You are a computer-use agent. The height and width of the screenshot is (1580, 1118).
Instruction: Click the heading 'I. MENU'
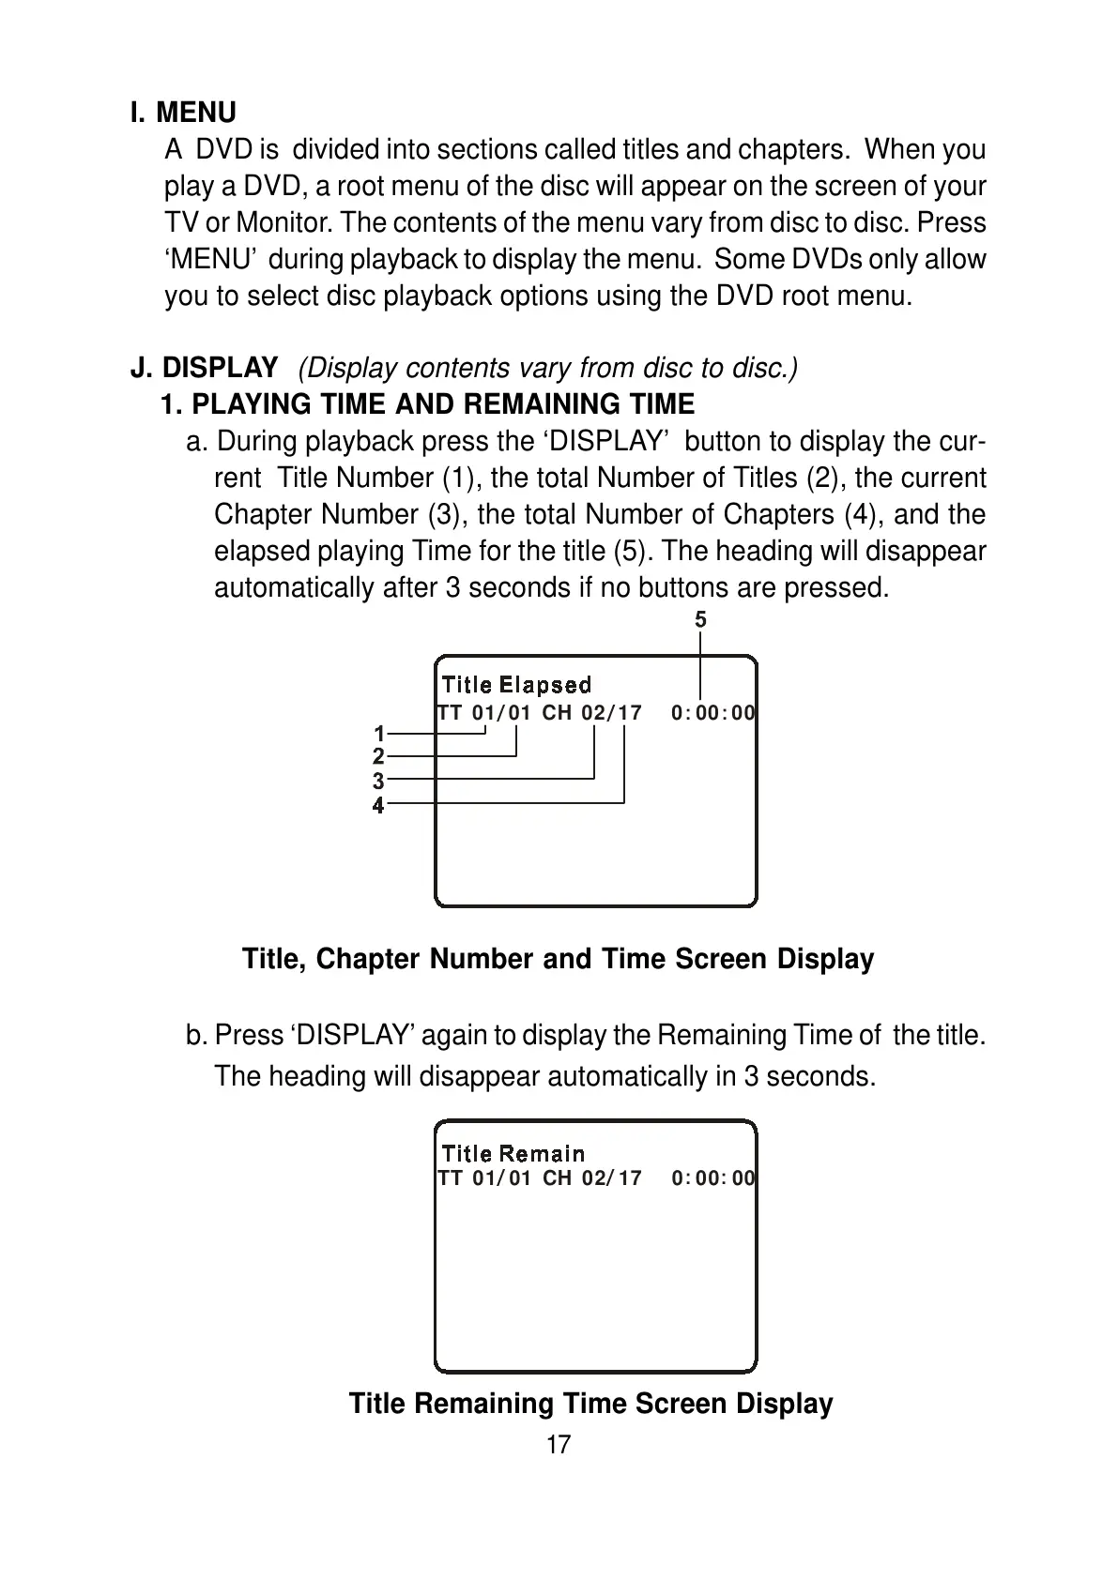pyautogui.click(x=183, y=113)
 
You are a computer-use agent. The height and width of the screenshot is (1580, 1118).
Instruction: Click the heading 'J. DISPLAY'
pyautogui.click(x=204, y=368)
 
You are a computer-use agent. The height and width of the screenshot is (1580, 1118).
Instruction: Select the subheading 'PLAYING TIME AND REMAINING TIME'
pyautogui.click(x=442, y=404)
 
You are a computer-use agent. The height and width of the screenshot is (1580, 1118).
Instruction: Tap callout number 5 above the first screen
pyautogui.click(x=700, y=619)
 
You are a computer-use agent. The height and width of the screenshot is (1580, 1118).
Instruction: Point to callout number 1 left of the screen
pyautogui.click(x=378, y=733)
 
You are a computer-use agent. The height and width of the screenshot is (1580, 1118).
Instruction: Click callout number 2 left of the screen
pyautogui.click(x=378, y=756)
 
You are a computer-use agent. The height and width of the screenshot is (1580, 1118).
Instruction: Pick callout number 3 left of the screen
pyautogui.click(x=378, y=781)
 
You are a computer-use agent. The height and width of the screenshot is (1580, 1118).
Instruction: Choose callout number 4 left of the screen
pyautogui.click(x=378, y=805)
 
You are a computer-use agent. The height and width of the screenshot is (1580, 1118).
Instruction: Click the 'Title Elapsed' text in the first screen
pyautogui.click(x=516, y=685)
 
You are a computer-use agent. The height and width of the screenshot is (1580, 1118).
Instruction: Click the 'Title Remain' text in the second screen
pyautogui.click(x=513, y=1153)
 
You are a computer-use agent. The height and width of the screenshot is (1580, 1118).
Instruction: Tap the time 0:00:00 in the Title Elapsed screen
pyautogui.click(x=712, y=713)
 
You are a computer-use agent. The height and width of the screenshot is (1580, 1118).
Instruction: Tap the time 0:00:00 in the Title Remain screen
pyautogui.click(x=712, y=1177)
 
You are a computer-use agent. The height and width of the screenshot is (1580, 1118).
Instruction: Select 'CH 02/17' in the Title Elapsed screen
pyautogui.click(x=592, y=713)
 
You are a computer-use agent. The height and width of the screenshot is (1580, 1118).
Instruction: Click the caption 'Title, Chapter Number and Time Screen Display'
pyautogui.click(x=558, y=959)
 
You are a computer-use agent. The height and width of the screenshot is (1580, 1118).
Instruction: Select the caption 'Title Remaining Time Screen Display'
pyautogui.click(x=590, y=1404)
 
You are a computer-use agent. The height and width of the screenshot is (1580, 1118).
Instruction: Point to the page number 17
pyautogui.click(x=559, y=1445)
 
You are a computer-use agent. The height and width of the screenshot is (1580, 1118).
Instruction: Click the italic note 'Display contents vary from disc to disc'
pyautogui.click(x=548, y=368)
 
